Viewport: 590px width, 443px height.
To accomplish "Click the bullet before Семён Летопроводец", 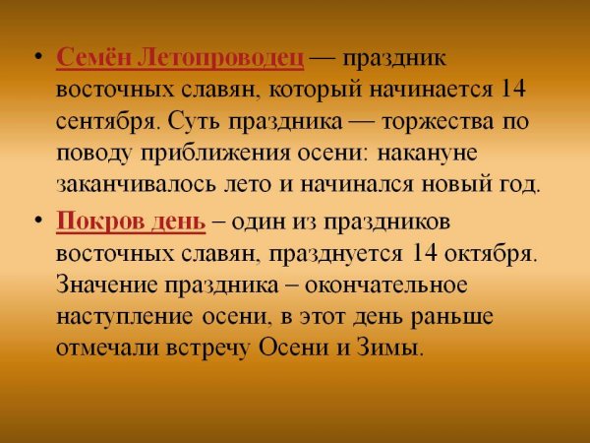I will pos(36,58).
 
